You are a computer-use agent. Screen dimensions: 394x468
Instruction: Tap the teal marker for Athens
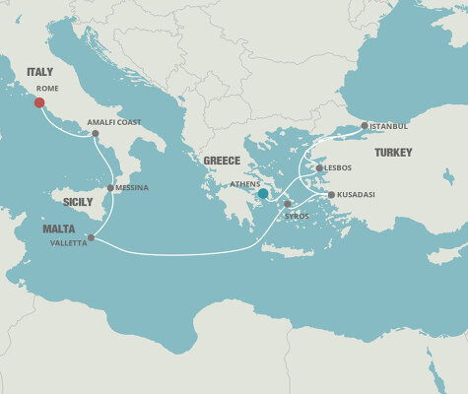click(x=263, y=194)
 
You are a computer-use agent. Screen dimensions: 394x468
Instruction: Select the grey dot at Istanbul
click(x=365, y=125)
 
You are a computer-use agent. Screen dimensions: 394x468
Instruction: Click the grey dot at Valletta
click(x=91, y=237)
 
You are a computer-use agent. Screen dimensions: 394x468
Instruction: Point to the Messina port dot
click(x=109, y=187)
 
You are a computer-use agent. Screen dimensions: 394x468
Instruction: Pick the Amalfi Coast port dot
click(x=95, y=133)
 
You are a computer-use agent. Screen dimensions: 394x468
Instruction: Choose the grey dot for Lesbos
click(x=320, y=168)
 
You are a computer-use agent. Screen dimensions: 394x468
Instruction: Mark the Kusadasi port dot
click(x=331, y=195)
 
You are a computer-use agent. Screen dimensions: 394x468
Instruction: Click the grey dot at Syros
click(x=288, y=204)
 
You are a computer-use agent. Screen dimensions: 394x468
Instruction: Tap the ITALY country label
click(x=40, y=72)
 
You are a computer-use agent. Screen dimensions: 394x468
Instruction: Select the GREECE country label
click(x=222, y=161)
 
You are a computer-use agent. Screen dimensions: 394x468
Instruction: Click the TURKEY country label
click(x=392, y=153)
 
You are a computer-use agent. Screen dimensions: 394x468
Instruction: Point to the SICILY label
click(x=78, y=202)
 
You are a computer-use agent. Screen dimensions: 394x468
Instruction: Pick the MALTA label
click(x=59, y=229)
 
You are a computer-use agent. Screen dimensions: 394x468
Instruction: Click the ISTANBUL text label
click(x=388, y=126)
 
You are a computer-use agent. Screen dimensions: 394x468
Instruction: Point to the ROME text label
click(x=47, y=88)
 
